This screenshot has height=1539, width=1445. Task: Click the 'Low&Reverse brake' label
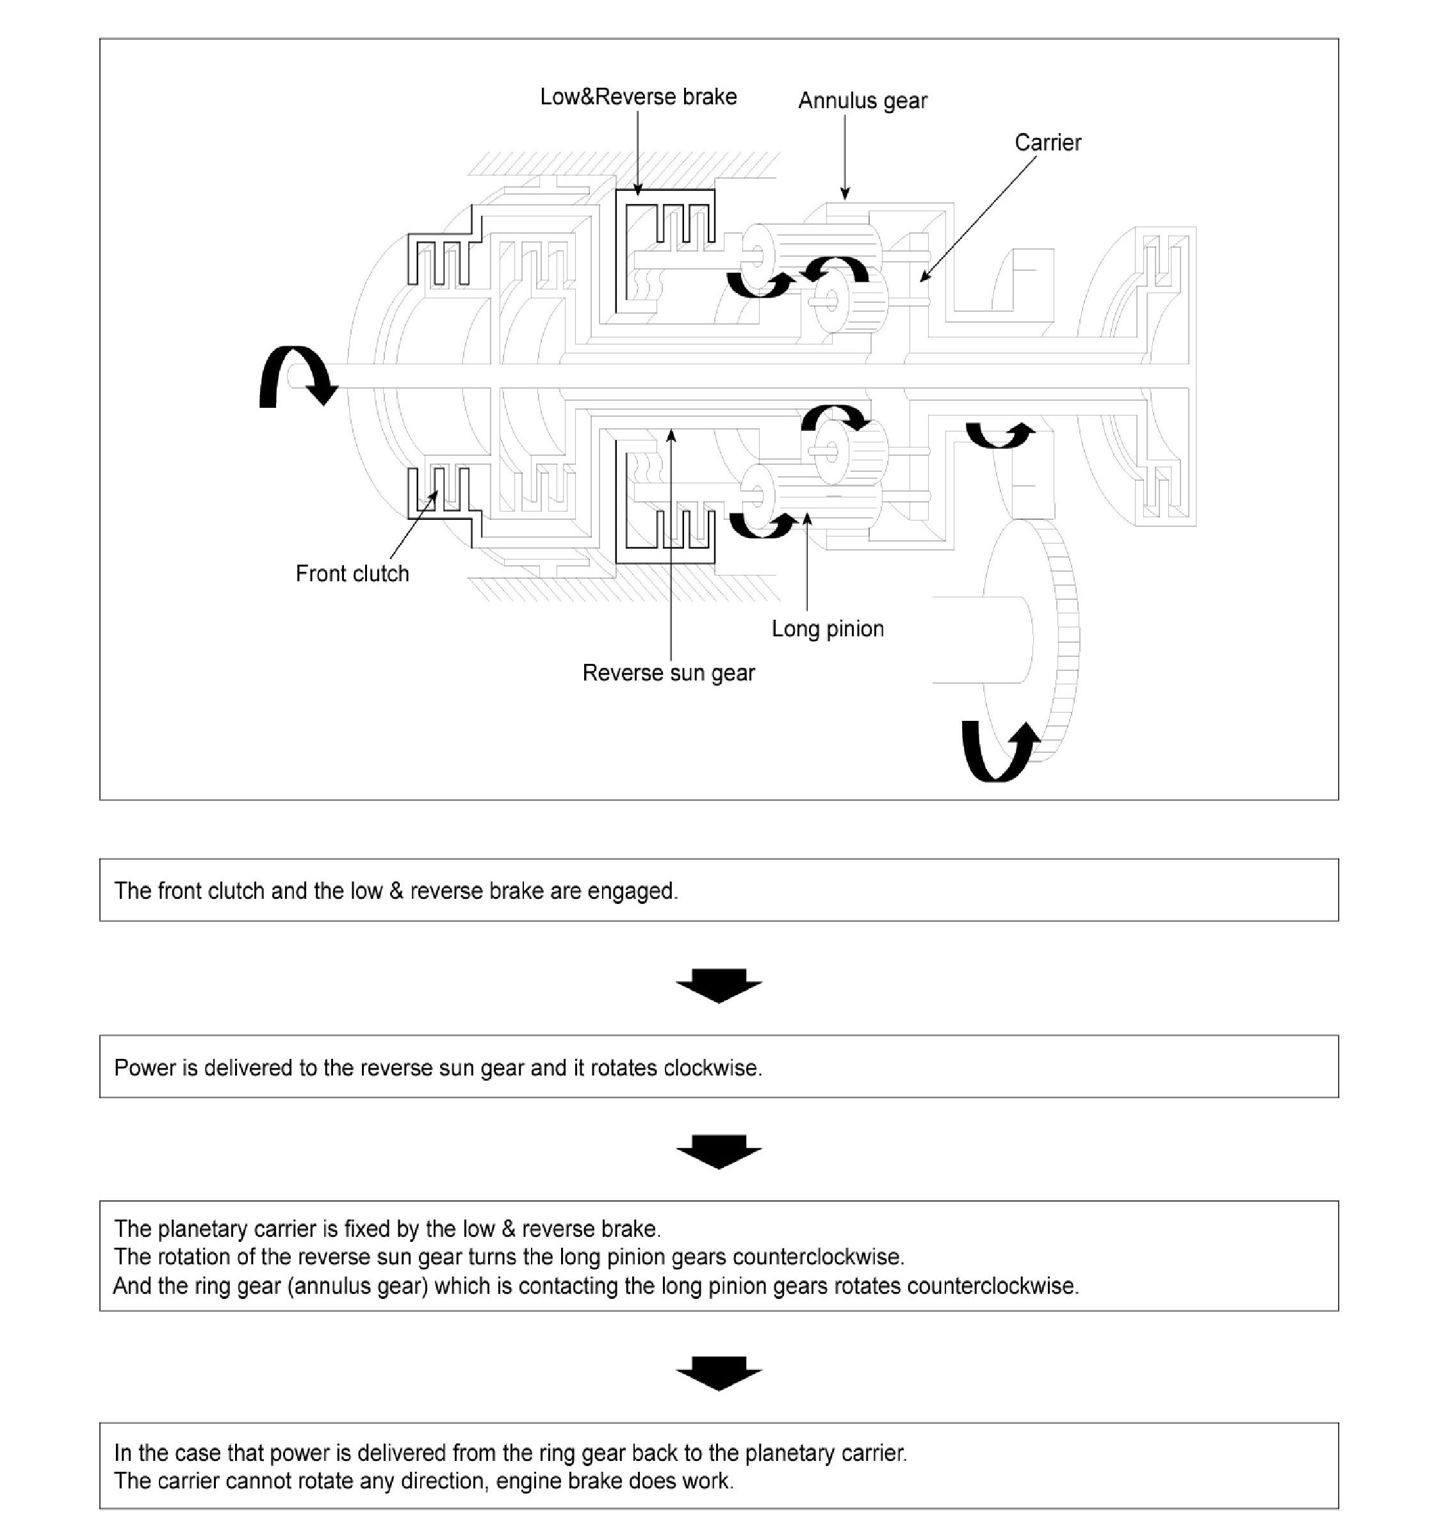click(638, 97)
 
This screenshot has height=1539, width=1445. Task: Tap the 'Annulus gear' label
click(862, 101)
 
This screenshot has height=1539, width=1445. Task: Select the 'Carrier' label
click(1047, 143)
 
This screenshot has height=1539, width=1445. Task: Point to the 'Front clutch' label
click(352, 574)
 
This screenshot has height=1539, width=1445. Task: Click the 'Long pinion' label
click(827, 629)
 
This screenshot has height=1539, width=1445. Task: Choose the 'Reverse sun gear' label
click(667, 673)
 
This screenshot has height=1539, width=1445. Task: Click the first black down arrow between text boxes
click(719, 985)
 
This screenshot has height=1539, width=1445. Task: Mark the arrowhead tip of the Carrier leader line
click(922, 280)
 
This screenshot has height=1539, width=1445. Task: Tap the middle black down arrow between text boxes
click(719, 1151)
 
